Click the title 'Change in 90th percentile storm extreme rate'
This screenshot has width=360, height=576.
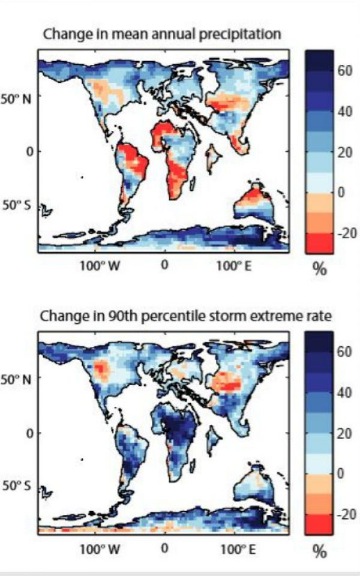[x=185, y=316]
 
